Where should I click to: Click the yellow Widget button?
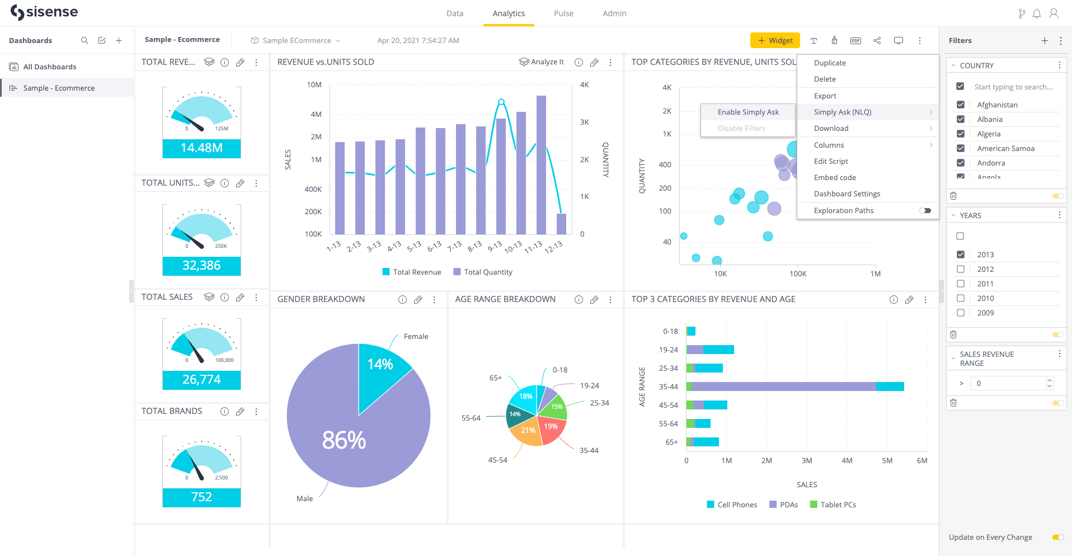coord(775,40)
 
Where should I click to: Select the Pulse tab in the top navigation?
coord(563,13)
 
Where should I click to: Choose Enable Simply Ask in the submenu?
coord(748,112)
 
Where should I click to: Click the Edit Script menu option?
coord(831,161)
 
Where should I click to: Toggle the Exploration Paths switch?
coord(925,210)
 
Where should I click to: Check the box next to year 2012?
coord(961,269)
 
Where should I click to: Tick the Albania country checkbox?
coord(961,119)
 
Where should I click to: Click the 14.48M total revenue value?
coord(201,148)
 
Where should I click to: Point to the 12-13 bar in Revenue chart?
coord(561,224)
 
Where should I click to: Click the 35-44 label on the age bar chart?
coord(668,387)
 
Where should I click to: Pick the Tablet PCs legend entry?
coord(833,505)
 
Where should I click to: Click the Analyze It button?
coord(541,62)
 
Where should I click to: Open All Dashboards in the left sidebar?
coord(50,67)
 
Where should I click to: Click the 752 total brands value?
coord(201,497)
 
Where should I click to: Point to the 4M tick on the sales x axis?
coord(847,460)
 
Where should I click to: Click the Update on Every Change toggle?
coord(1058,537)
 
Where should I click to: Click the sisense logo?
coord(44,12)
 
